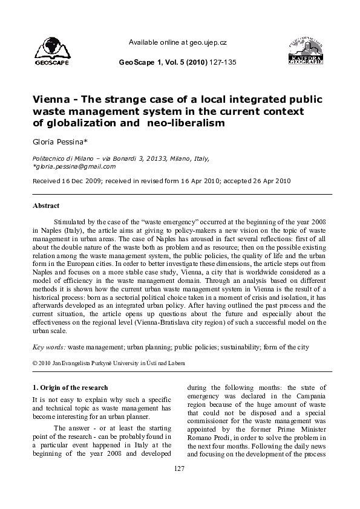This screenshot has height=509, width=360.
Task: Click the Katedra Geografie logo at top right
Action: click(308, 50)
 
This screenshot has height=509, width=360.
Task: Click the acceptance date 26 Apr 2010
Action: click(268, 181)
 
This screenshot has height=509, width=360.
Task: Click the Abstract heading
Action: click(47, 206)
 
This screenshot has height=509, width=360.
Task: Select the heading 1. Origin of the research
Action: click(70, 387)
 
